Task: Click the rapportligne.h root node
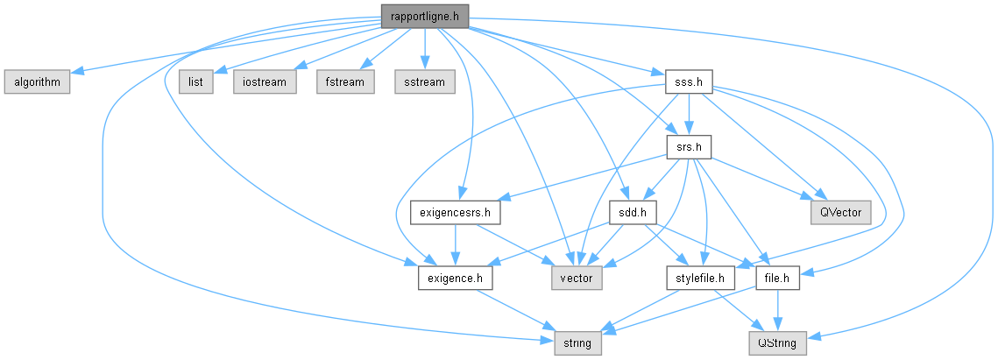pos(424,15)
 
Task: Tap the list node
pos(196,82)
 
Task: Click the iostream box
pos(262,82)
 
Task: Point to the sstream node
pos(424,82)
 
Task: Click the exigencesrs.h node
pos(455,213)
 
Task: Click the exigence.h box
pos(455,279)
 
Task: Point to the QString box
pos(777,344)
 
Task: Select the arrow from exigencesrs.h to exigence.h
pos(455,246)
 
